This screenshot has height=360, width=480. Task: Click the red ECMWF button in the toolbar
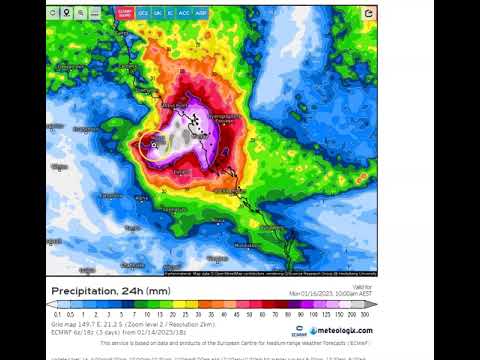click(124, 14)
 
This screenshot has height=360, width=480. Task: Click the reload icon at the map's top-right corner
click(369, 14)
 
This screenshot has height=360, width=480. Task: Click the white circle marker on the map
click(152, 147)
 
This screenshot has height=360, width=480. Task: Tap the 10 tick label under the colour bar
click(146, 313)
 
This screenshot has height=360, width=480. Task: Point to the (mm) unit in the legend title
click(160, 291)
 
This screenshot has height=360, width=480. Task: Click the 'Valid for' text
click(367, 286)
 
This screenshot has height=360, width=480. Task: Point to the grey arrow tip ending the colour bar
click(374, 304)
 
